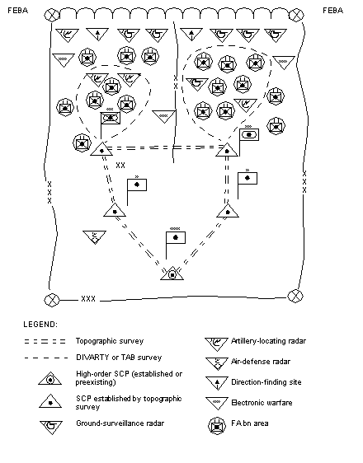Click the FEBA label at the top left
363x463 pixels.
(x=17, y=11)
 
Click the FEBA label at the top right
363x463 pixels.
(x=332, y=11)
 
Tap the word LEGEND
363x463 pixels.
(x=40, y=325)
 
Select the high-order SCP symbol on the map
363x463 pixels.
(x=172, y=274)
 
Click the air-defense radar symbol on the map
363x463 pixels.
(x=95, y=237)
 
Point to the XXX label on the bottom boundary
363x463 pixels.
(x=88, y=299)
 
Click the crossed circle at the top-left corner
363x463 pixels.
(x=51, y=15)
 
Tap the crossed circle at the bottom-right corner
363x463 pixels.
(x=295, y=296)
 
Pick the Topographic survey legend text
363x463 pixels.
(x=110, y=341)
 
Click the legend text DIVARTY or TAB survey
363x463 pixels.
(x=119, y=358)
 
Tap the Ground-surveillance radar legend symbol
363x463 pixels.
(x=51, y=428)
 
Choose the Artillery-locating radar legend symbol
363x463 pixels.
(x=217, y=344)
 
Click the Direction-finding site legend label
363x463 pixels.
(x=266, y=382)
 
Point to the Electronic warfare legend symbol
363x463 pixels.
(x=217, y=404)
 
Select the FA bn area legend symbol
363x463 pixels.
(x=217, y=426)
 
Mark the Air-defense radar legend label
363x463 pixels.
(x=261, y=362)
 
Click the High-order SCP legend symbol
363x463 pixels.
(x=50, y=378)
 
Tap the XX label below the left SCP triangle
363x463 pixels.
(x=120, y=166)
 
